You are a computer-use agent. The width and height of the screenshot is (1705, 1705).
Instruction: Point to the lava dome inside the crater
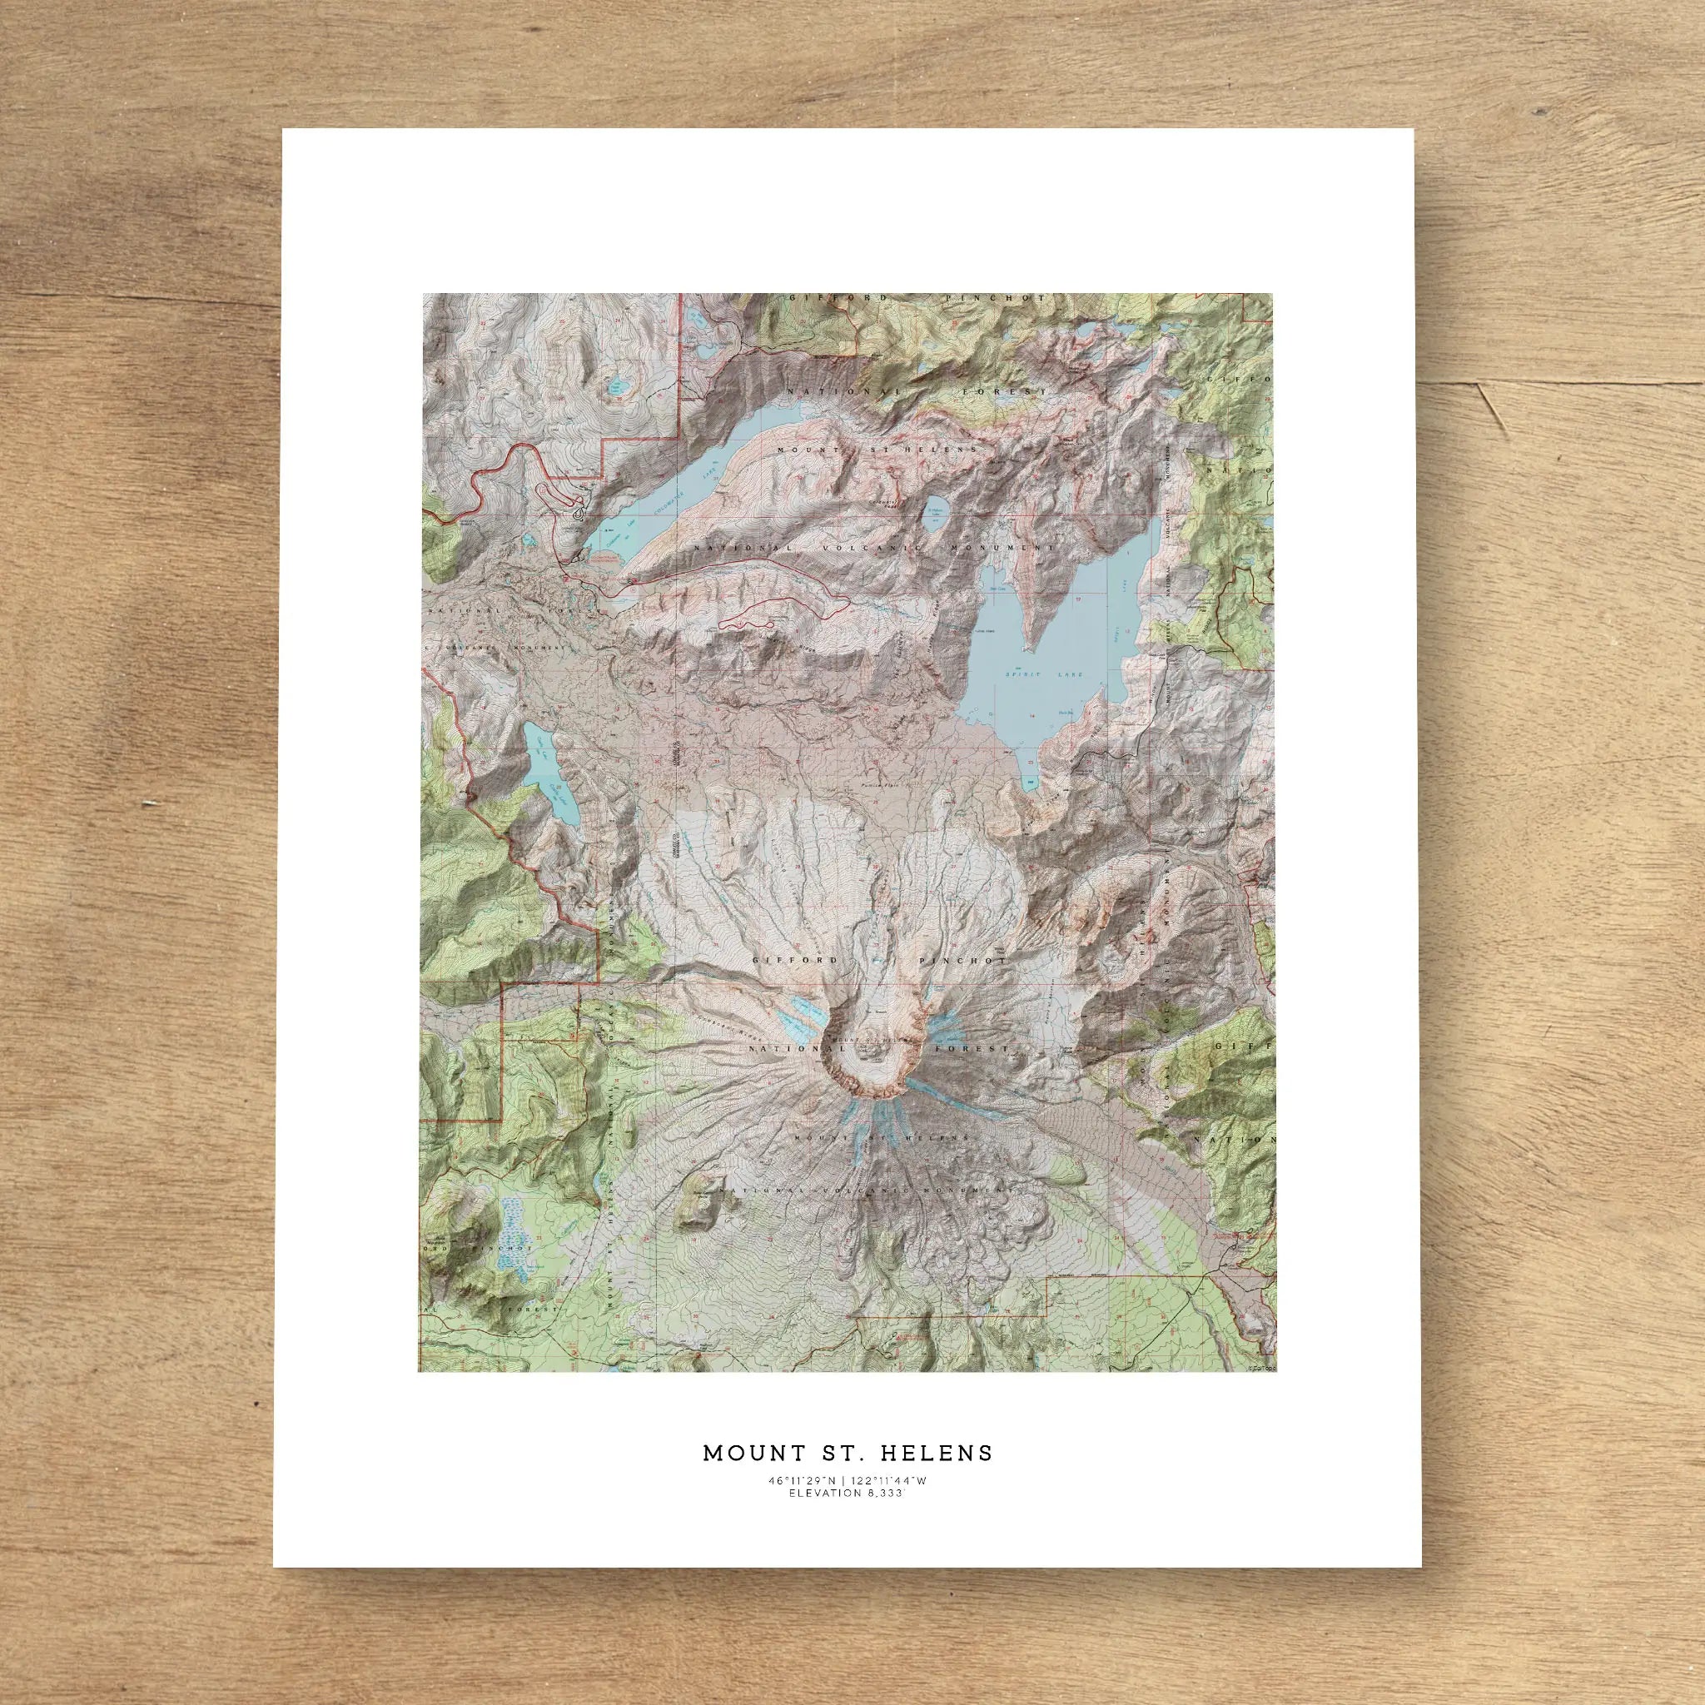click(x=869, y=1041)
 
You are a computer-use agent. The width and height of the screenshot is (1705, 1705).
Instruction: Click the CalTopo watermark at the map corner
click(x=1260, y=1394)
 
